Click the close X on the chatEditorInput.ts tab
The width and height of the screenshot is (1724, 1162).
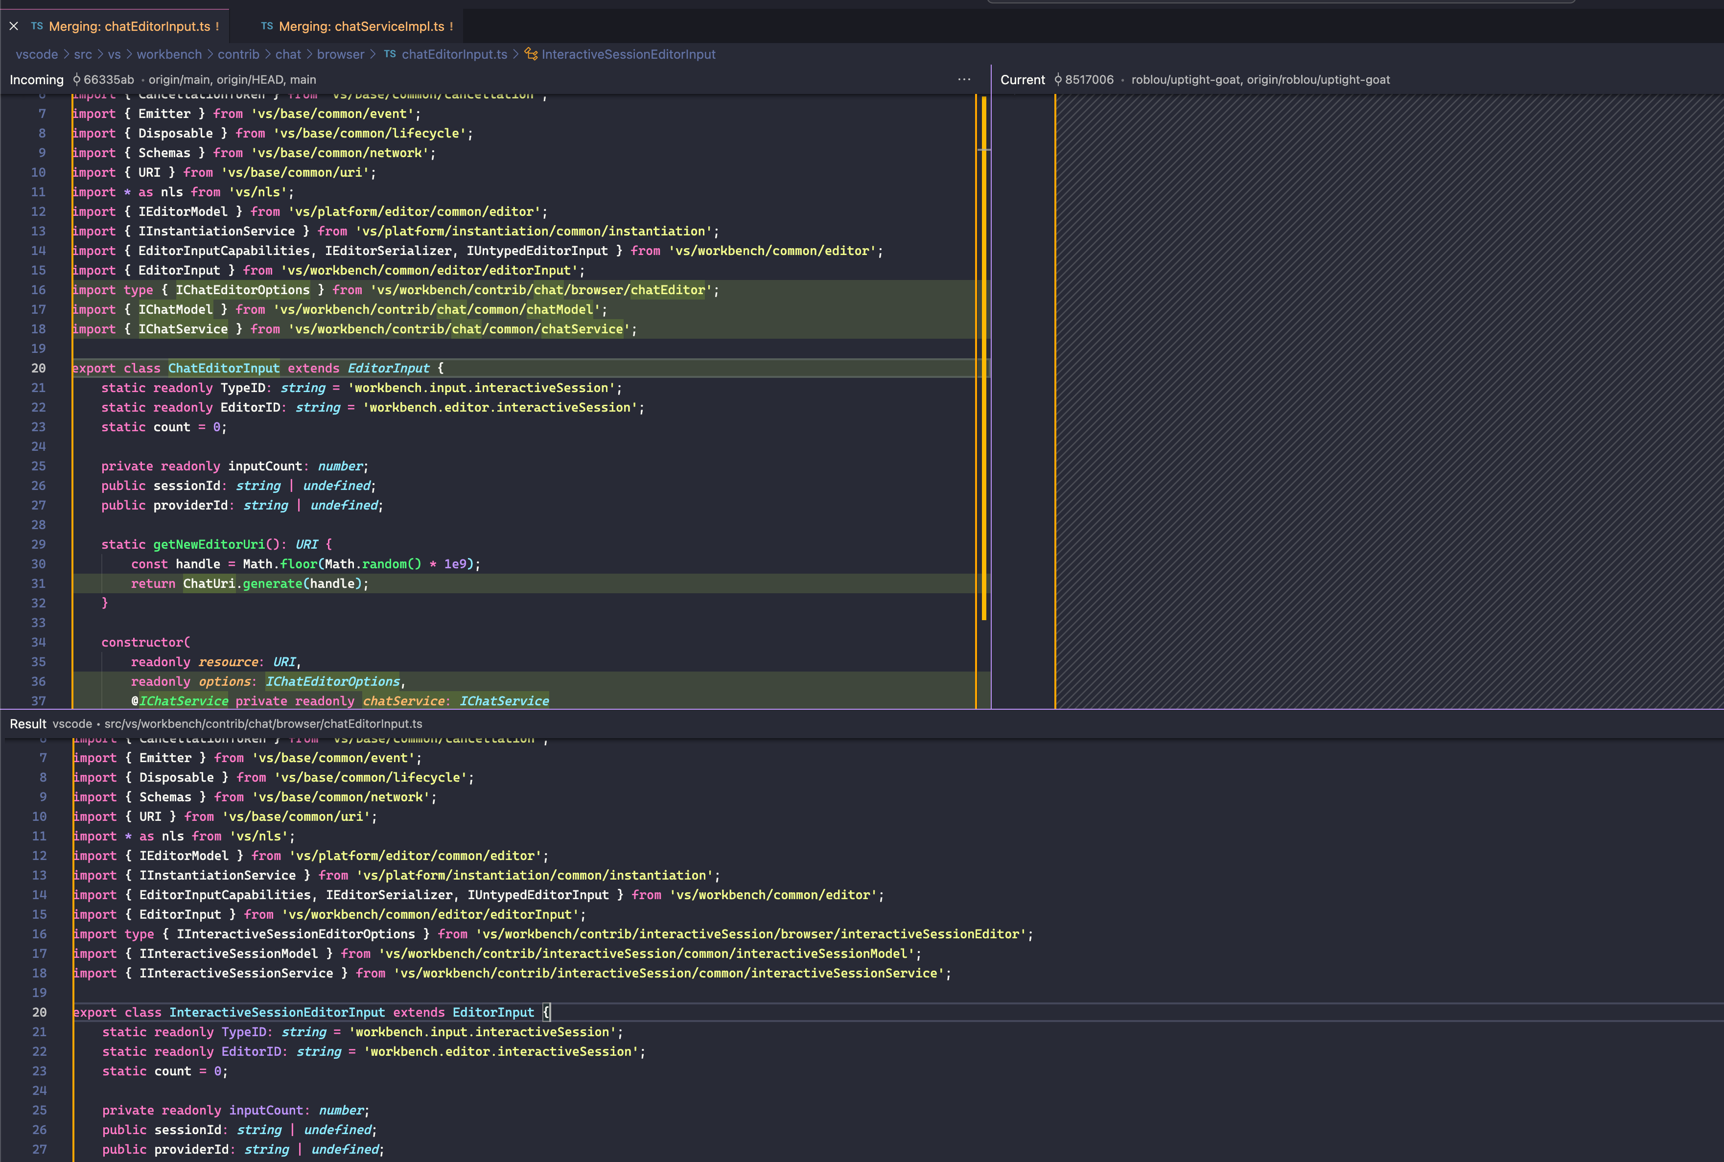click(13, 26)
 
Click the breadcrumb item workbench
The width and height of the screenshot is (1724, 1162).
click(169, 54)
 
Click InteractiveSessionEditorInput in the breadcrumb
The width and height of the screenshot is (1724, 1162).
click(628, 54)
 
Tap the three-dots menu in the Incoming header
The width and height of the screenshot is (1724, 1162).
click(963, 79)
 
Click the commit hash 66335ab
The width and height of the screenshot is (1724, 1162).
click(108, 79)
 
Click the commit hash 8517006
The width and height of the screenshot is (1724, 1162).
click(1089, 79)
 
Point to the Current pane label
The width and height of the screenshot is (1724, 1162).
click(1022, 79)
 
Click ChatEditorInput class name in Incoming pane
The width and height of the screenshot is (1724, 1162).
click(224, 368)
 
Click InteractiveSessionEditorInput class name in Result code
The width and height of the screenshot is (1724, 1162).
click(277, 1012)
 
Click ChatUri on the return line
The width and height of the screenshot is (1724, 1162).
click(209, 584)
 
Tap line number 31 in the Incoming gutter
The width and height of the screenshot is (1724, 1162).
click(39, 584)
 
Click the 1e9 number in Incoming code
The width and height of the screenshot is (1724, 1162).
click(455, 564)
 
